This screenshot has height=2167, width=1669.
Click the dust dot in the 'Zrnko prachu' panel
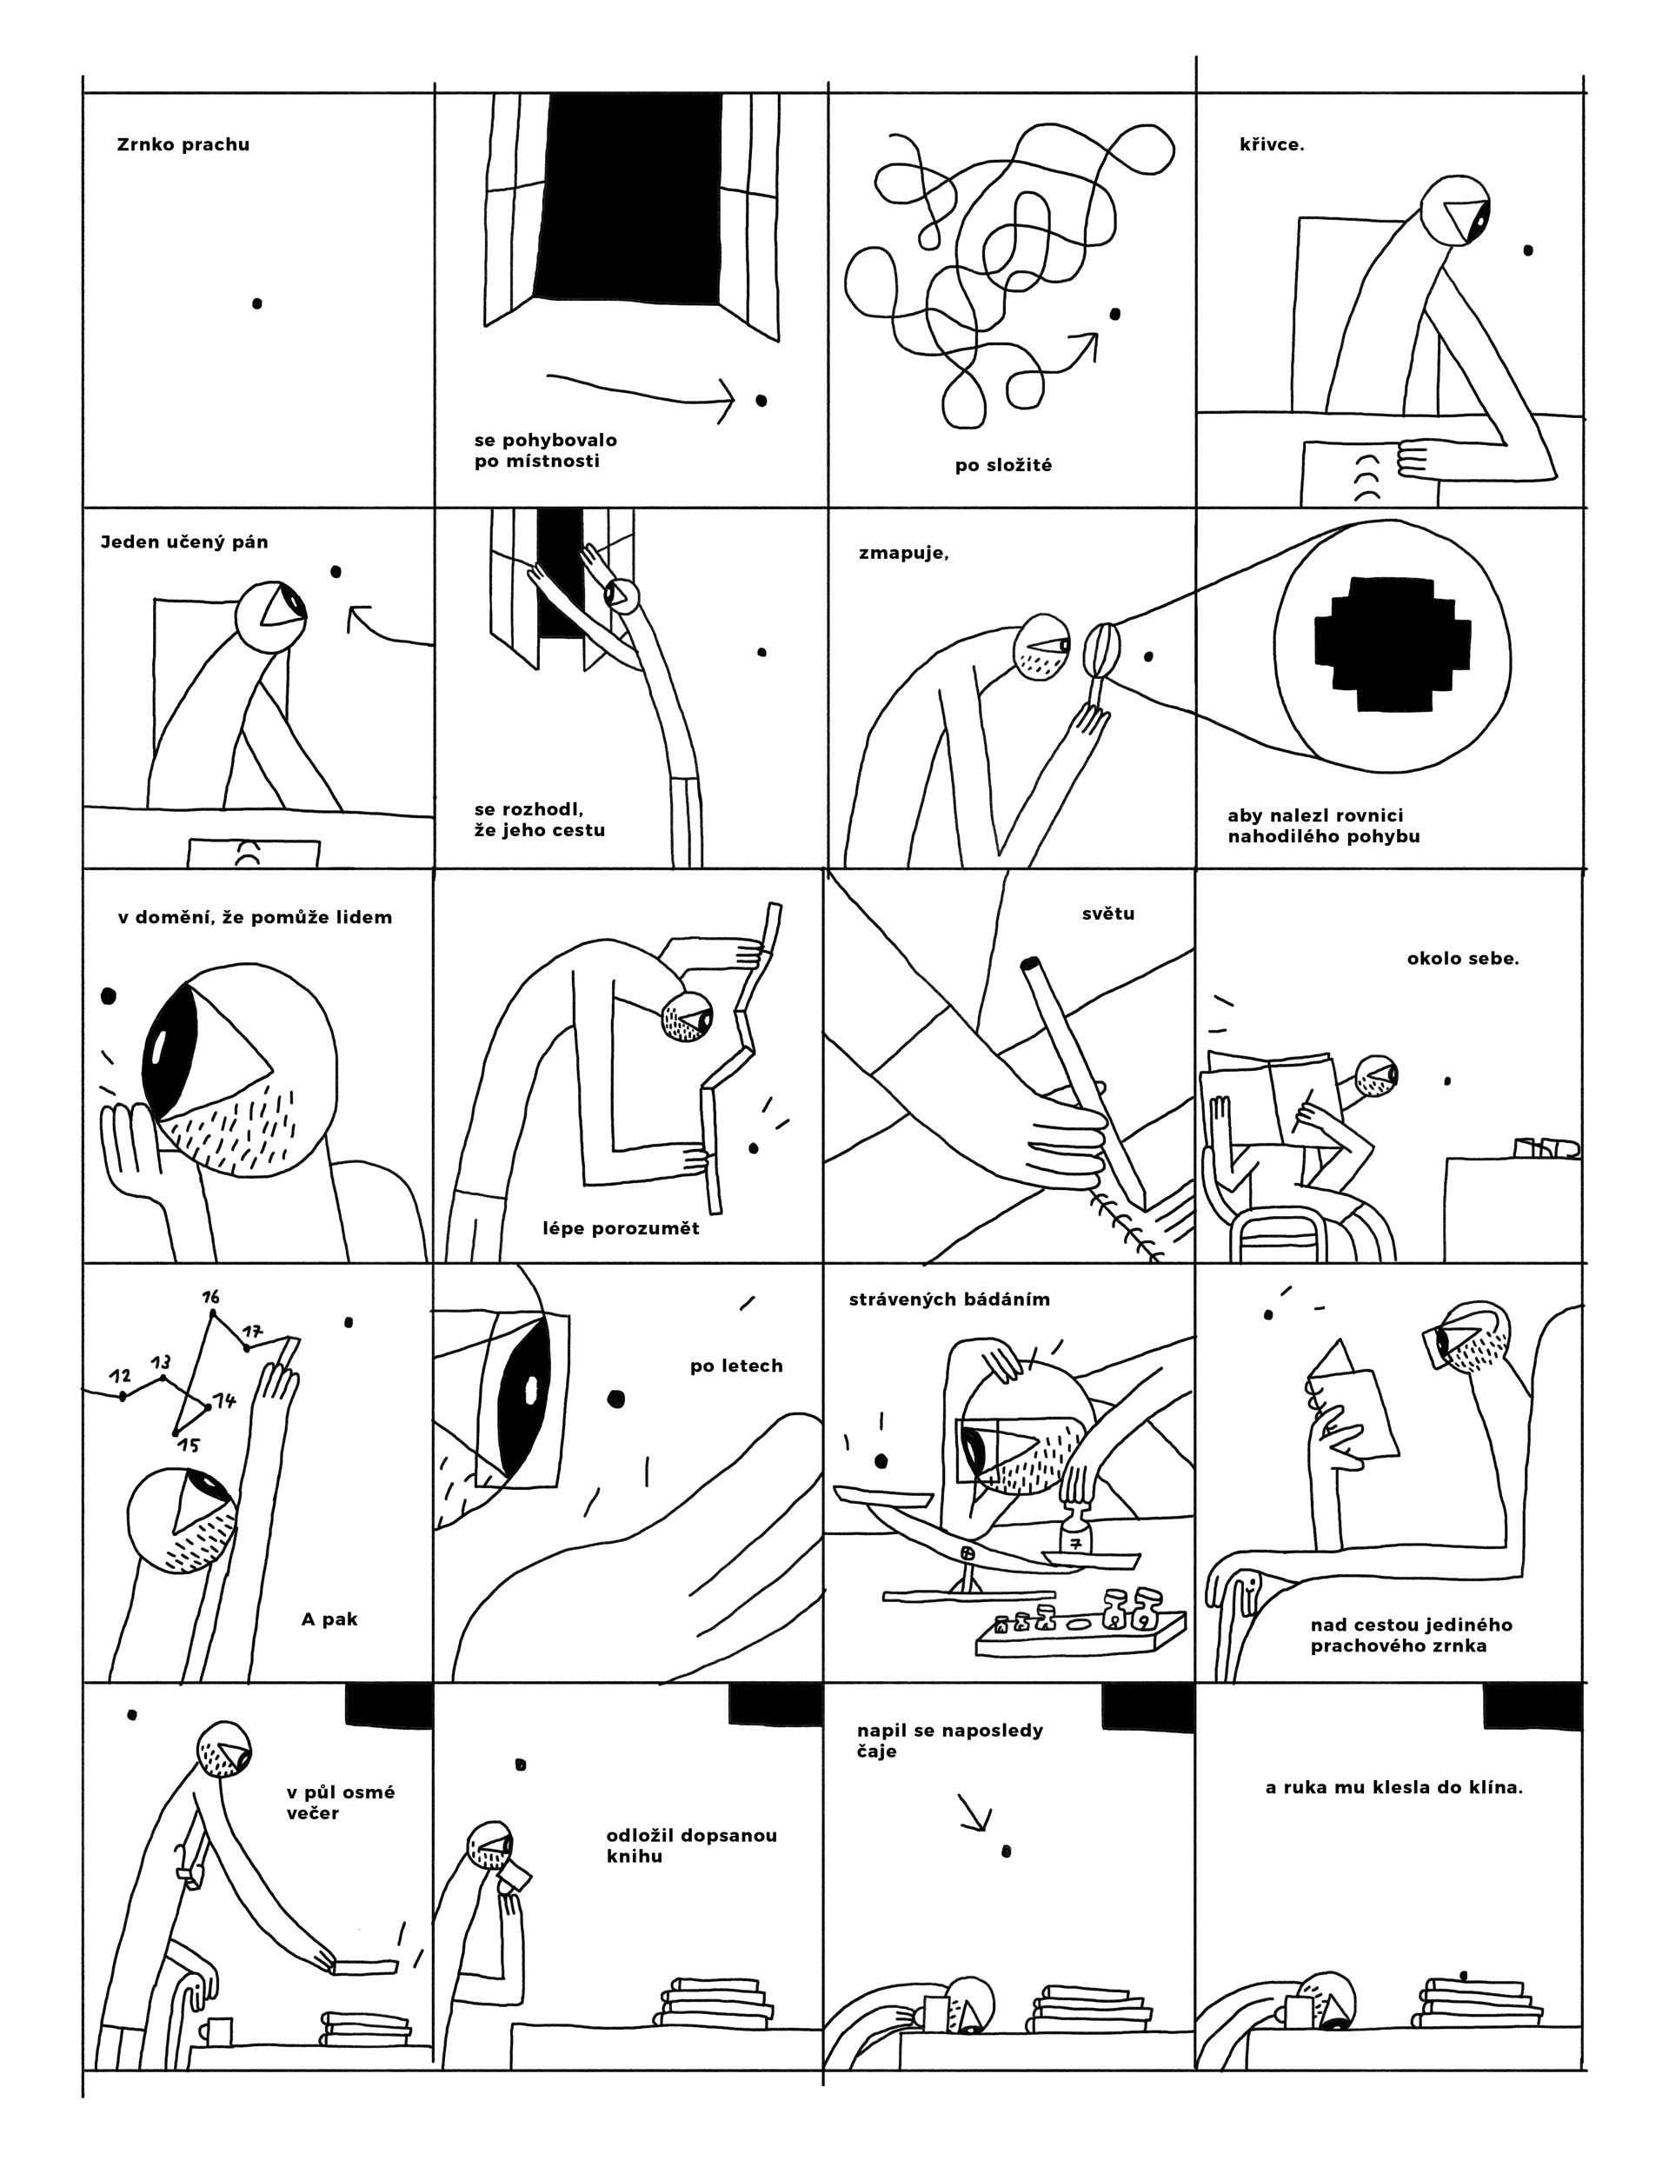(x=257, y=302)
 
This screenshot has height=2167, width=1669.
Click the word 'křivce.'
(x=1271, y=145)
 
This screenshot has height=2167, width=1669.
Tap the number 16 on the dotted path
(x=210, y=1297)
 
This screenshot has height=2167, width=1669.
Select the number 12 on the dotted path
(x=120, y=1376)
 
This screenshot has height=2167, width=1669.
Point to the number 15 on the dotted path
(x=189, y=1446)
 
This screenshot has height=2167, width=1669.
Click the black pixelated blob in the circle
(x=1393, y=645)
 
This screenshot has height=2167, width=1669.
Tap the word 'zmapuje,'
(x=903, y=554)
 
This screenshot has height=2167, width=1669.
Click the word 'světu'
(x=1107, y=914)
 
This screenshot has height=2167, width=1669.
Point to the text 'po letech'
(x=736, y=1366)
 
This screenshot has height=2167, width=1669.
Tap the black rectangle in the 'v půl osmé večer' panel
(x=388, y=1704)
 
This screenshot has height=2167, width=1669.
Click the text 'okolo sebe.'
(x=1463, y=960)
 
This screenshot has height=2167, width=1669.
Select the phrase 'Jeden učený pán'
(x=184, y=542)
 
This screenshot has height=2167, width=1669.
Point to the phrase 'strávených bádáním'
(x=948, y=1300)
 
